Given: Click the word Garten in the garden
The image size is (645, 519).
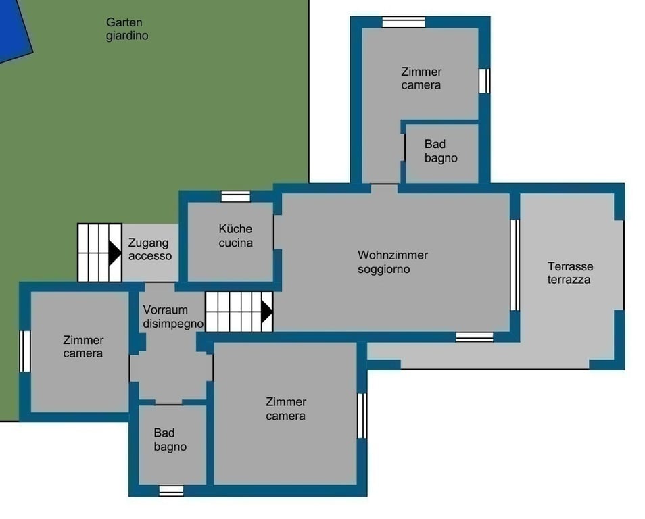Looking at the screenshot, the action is [124, 22].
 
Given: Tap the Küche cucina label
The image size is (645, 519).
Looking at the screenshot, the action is [235, 236].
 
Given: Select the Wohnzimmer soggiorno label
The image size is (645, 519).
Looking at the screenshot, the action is [392, 262].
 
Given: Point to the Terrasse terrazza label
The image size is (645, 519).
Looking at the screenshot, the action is [570, 273].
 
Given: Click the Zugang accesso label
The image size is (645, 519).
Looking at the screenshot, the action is [149, 249].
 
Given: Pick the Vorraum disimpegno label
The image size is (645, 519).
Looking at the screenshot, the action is [173, 317].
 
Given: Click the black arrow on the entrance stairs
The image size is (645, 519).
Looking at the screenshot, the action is [115, 253].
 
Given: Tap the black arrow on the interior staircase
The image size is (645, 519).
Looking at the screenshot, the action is [266, 312].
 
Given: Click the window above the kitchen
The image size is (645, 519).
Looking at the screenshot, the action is [236, 197].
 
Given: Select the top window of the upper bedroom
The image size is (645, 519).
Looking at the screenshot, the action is [403, 22].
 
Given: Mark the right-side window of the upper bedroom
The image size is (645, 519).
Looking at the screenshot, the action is [485, 80].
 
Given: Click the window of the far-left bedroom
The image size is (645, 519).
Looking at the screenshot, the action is [25, 351].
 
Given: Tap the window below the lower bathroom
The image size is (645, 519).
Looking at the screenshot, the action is [171, 491].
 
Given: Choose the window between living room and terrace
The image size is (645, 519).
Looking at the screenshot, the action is [515, 266].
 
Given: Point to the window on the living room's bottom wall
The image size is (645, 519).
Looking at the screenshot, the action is [475, 337].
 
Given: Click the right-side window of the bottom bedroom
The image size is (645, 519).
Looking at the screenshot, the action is [362, 416].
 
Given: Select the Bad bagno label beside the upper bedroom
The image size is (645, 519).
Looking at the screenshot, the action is [441, 151].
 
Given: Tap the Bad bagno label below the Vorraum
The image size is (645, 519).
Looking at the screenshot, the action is [170, 440].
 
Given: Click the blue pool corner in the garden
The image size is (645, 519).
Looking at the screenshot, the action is [15, 29].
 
